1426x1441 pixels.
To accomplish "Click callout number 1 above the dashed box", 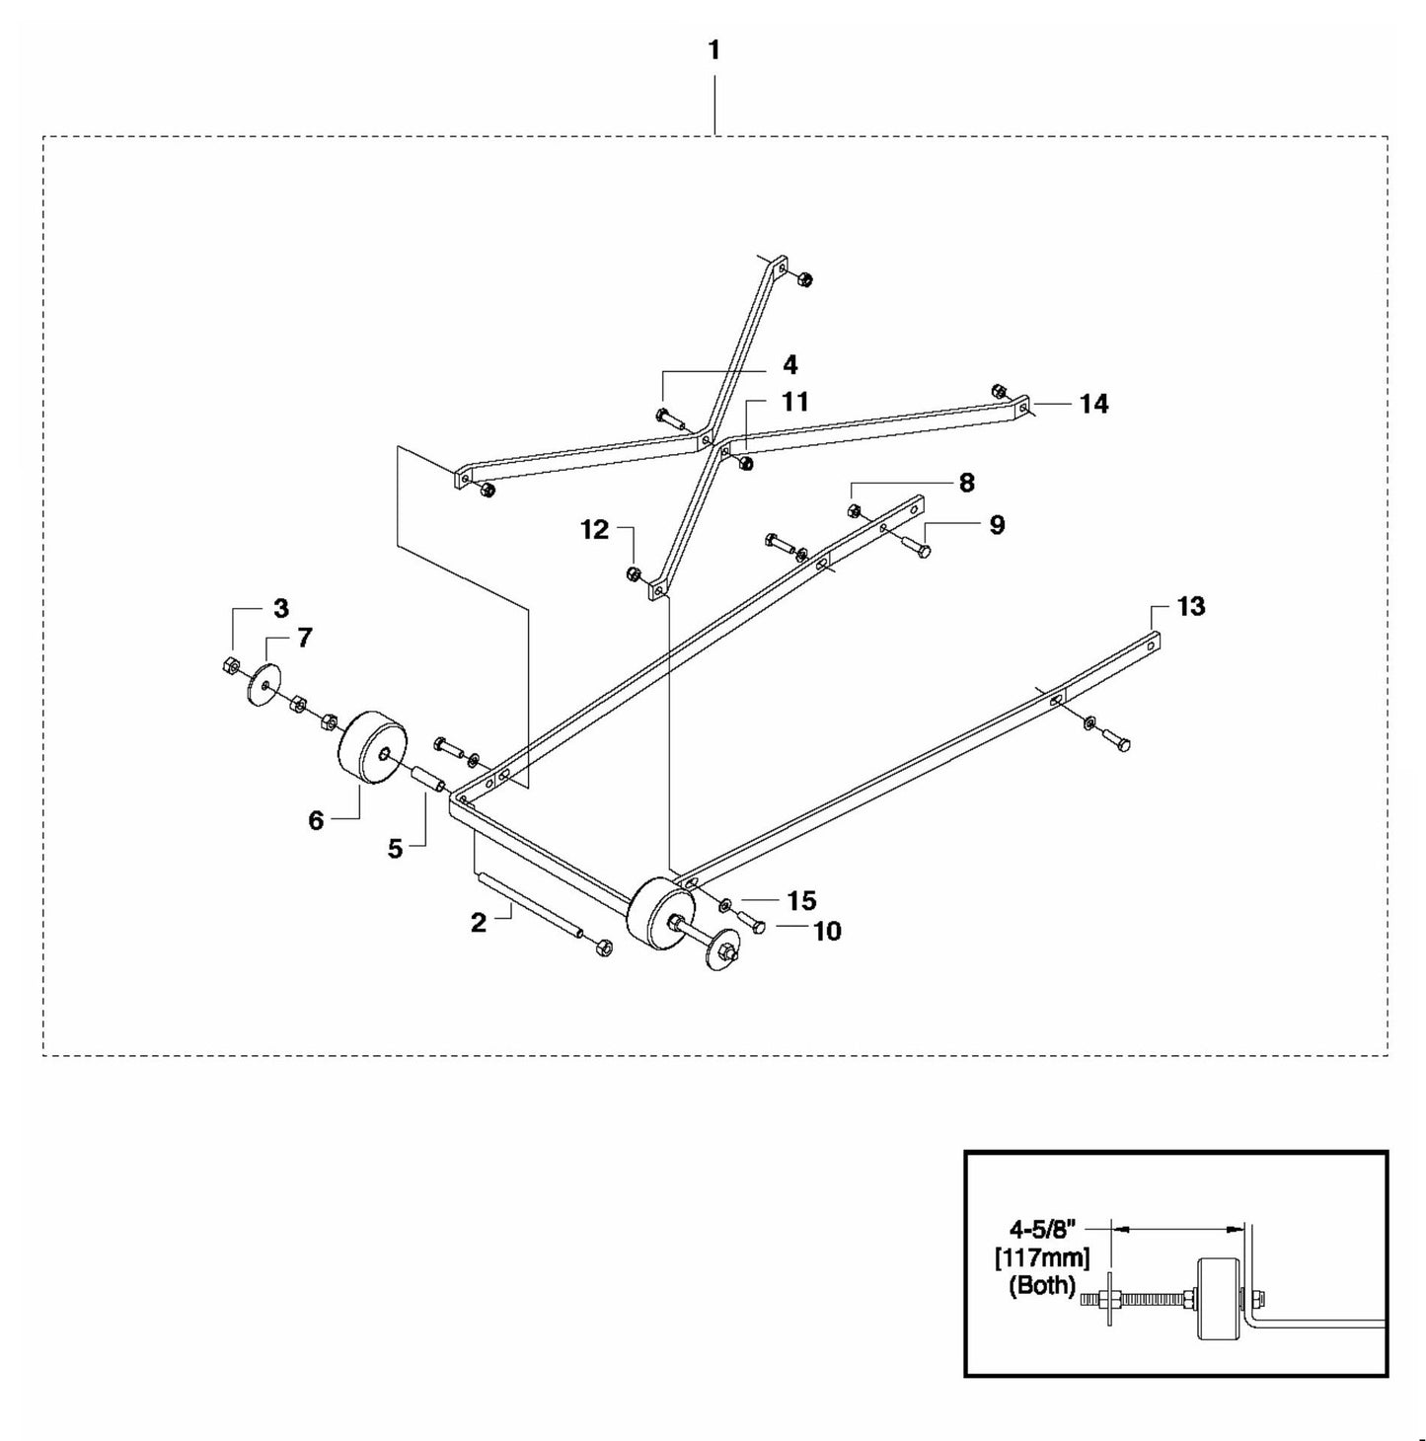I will (713, 50).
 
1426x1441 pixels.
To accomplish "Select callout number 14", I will (1093, 404).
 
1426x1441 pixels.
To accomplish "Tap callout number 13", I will (1191, 606).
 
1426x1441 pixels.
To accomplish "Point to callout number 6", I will (316, 820).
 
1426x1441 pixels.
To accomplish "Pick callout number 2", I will (479, 923).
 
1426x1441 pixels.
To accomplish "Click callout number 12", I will (594, 530).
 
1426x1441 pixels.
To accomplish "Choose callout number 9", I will (997, 525).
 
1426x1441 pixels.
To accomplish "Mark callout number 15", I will (801, 900).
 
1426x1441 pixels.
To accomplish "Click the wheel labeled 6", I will (372, 747).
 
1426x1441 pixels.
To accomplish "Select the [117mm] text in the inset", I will (1042, 1257).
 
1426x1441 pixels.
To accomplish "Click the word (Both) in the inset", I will (1042, 1285).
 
